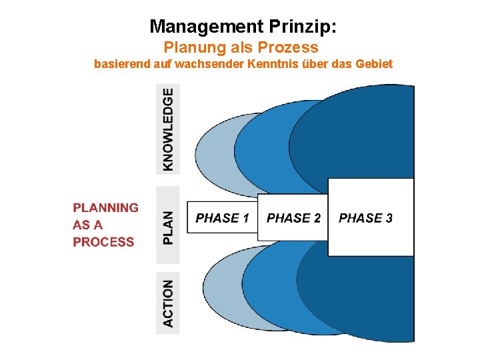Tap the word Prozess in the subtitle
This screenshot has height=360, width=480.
(x=293, y=48)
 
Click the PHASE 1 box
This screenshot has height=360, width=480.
(x=222, y=218)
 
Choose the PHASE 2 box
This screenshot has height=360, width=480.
(x=293, y=218)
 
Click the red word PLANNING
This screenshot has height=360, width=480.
(x=105, y=207)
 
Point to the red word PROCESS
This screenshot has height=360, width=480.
(x=103, y=242)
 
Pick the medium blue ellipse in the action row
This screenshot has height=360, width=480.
(x=270, y=293)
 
